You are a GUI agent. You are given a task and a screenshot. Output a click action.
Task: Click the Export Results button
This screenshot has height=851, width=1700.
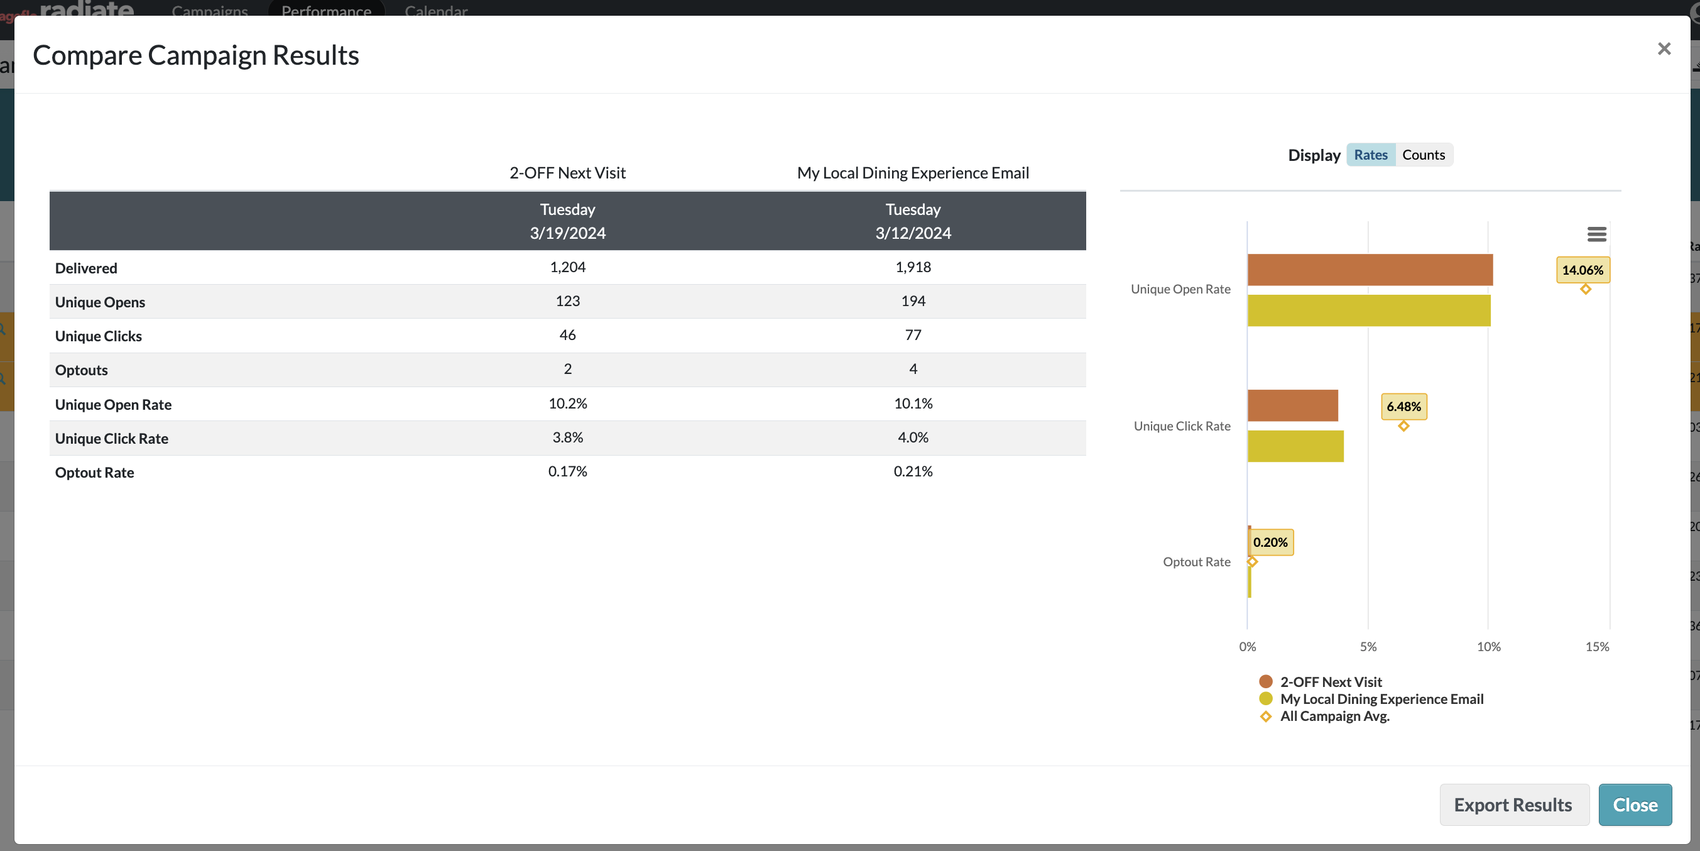tap(1514, 804)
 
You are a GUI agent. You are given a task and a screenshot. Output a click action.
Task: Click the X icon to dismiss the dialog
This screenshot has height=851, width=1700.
tap(1664, 49)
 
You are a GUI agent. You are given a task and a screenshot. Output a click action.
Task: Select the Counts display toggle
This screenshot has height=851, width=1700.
tap(1424, 155)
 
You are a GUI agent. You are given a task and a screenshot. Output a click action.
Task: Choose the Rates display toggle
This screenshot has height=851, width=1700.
tap(1371, 155)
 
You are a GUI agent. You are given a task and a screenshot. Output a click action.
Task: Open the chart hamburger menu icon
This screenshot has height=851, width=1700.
tap(1596, 234)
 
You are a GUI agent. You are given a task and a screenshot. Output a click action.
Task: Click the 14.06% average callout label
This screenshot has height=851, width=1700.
tap(1583, 270)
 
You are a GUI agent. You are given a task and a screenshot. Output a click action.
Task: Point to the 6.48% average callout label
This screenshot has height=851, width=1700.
tap(1403, 407)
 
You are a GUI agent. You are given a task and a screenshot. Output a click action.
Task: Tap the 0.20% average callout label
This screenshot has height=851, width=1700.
tap(1270, 542)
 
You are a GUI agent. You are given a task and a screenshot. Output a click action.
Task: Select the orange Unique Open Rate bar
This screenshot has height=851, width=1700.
tap(1370, 270)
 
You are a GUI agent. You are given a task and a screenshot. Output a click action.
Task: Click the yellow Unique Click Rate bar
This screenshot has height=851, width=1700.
tap(1295, 446)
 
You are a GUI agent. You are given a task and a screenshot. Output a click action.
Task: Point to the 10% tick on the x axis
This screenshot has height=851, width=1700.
tap(1488, 646)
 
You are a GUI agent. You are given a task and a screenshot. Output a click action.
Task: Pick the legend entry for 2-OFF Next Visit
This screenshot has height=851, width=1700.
tap(1321, 682)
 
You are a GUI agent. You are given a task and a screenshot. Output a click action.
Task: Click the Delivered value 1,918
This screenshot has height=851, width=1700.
tap(913, 266)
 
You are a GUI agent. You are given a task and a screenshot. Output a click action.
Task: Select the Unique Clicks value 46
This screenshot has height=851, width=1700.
tap(567, 335)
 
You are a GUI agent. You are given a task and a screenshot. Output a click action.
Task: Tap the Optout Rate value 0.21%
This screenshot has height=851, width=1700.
tap(913, 471)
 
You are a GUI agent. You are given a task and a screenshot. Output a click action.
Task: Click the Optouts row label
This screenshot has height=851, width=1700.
tap(81, 370)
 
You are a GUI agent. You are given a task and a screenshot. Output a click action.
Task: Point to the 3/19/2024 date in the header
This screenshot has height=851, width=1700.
tap(567, 233)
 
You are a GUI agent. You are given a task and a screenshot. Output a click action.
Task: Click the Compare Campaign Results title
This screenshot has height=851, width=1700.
tap(196, 55)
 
